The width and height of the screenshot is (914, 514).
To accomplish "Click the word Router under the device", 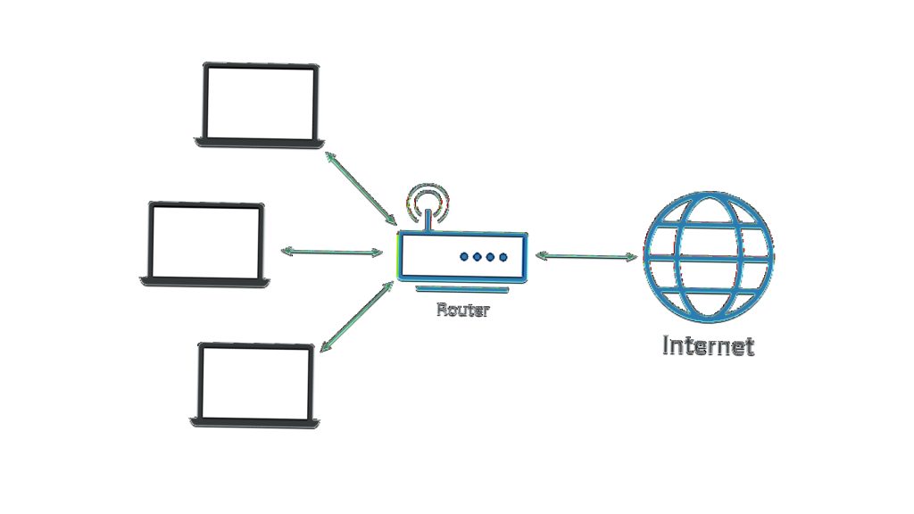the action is [x=463, y=310].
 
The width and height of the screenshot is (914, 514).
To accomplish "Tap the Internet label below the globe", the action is [x=708, y=345].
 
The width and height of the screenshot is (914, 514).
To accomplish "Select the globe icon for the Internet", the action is [x=708, y=257].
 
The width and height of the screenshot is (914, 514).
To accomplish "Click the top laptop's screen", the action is [x=260, y=103].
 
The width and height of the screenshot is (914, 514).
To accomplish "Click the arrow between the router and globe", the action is [x=586, y=256].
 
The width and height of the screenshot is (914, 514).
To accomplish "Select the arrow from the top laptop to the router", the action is [x=361, y=188].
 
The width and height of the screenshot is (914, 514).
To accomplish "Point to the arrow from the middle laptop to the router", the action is [x=332, y=252].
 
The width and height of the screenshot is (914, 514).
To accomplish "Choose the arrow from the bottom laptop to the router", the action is [x=357, y=317].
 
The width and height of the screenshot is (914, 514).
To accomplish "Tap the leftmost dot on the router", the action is [x=464, y=256].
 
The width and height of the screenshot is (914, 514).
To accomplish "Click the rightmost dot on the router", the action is [x=503, y=256].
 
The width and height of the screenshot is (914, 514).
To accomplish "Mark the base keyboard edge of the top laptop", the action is [x=260, y=143].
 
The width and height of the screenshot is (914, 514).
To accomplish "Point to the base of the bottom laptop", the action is [x=254, y=423].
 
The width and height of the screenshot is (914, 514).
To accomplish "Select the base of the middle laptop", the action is [x=204, y=282].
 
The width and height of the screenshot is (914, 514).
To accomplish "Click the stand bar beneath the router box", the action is [x=462, y=289].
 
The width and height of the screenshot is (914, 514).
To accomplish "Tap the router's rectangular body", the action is [x=462, y=257].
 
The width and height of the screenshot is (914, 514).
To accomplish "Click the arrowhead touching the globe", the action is [x=631, y=256].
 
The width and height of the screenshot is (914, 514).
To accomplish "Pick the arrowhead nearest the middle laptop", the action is [x=287, y=252].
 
